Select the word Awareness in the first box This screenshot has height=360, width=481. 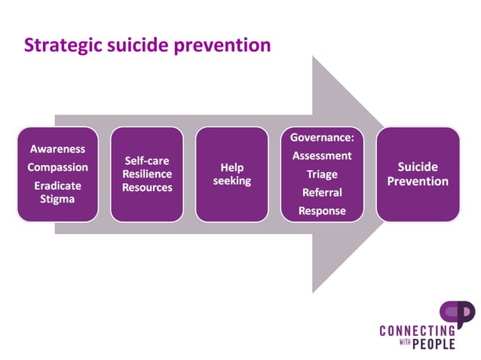tap(57, 149)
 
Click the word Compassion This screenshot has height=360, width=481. tap(57, 167)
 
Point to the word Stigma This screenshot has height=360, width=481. tap(57, 200)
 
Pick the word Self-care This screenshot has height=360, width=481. tap(147, 160)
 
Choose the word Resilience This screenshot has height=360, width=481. tap(147, 174)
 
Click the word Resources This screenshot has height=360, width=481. tap(147, 187)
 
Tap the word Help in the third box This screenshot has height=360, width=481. tap(231, 168)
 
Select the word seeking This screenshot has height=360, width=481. tap(231, 182)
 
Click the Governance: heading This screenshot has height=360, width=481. tap(322, 138)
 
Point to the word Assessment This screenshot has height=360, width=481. tap(322, 156)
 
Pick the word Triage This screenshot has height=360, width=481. tap(322, 175)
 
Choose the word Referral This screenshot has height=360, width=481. tap(322, 193)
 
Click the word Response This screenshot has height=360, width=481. tap(322, 211)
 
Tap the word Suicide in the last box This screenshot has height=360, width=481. tap(418, 167)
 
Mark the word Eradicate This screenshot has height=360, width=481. tap(57, 185)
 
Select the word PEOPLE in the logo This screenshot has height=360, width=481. tap(434, 344)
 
